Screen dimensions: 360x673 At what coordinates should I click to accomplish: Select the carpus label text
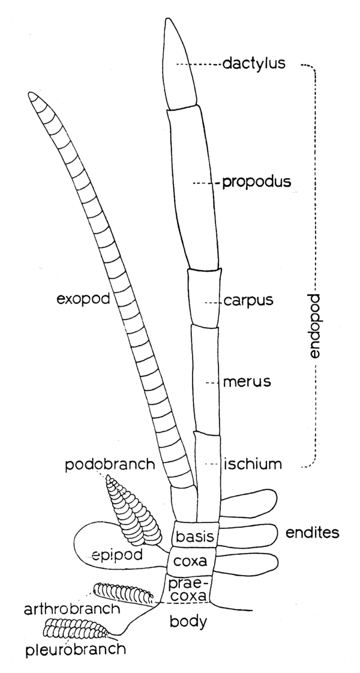[x=248, y=301]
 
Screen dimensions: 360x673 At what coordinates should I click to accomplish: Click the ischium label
[x=253, y=463]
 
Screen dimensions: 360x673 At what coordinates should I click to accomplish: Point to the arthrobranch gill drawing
[x=123, y=594]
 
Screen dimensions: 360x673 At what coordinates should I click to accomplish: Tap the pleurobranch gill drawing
[x=74, y=629]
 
